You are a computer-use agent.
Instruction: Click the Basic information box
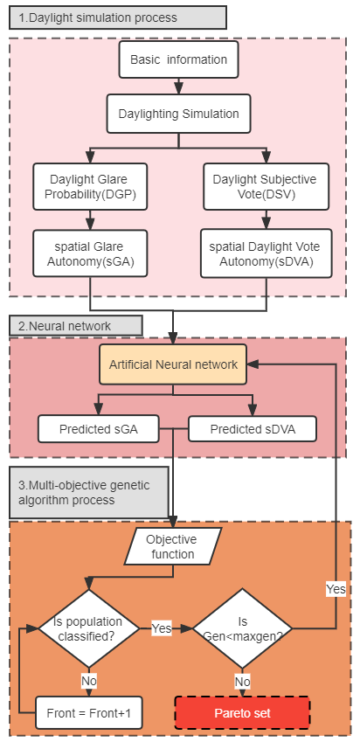click(178, 59)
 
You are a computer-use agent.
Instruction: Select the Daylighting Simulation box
click(178, 114)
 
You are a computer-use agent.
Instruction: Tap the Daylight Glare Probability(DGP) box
click(90, 186)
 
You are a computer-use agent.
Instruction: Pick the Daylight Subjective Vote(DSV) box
click(266, 186)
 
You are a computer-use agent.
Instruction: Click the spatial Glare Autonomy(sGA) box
click(90, 253)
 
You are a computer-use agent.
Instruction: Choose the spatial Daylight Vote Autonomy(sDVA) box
click(265, 253)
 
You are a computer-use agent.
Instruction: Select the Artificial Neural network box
click(173, 364)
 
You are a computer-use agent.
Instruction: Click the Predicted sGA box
click(99, 429)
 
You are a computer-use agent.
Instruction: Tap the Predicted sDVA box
click(253, 429)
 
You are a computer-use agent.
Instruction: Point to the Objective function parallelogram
click(173, 546)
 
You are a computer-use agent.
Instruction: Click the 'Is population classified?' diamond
click(89, 628)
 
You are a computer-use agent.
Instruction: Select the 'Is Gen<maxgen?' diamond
click(243, 628)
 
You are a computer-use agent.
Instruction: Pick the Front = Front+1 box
click(89, 712)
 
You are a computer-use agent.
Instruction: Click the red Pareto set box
click(242, 712)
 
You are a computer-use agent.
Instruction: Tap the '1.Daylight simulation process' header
click(118, 17)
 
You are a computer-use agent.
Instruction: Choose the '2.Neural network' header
click(76, 326)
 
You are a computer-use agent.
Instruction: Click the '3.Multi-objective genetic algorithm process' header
click(89, 493)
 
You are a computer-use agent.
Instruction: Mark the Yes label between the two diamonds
click(162, 628)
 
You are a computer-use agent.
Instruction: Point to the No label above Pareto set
click(243, 682)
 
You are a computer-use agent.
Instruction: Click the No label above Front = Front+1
click(89, 682)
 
